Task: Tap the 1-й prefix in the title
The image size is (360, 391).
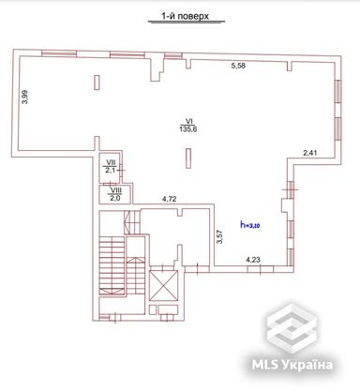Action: click(x=159, y=17)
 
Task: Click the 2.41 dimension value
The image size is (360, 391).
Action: click(x=310, y=152)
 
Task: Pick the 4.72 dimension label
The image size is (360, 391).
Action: click(x=171, y=200)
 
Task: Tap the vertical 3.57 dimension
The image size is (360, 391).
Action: click(x=218, y=237)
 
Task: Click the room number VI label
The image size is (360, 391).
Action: click(x=187, y=121)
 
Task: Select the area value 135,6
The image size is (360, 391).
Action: click(x=187, y=131)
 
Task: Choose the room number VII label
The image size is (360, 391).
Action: click(x=111, y=163)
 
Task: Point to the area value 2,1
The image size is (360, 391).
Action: click(x=111, y=172)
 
